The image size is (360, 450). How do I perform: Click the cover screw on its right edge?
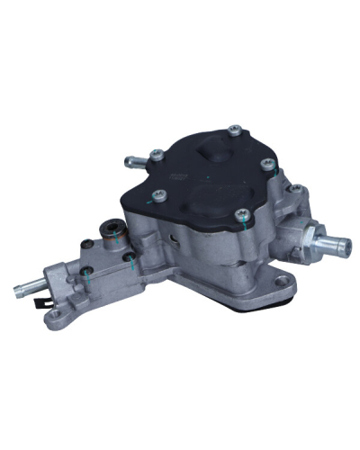[267, 164]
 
